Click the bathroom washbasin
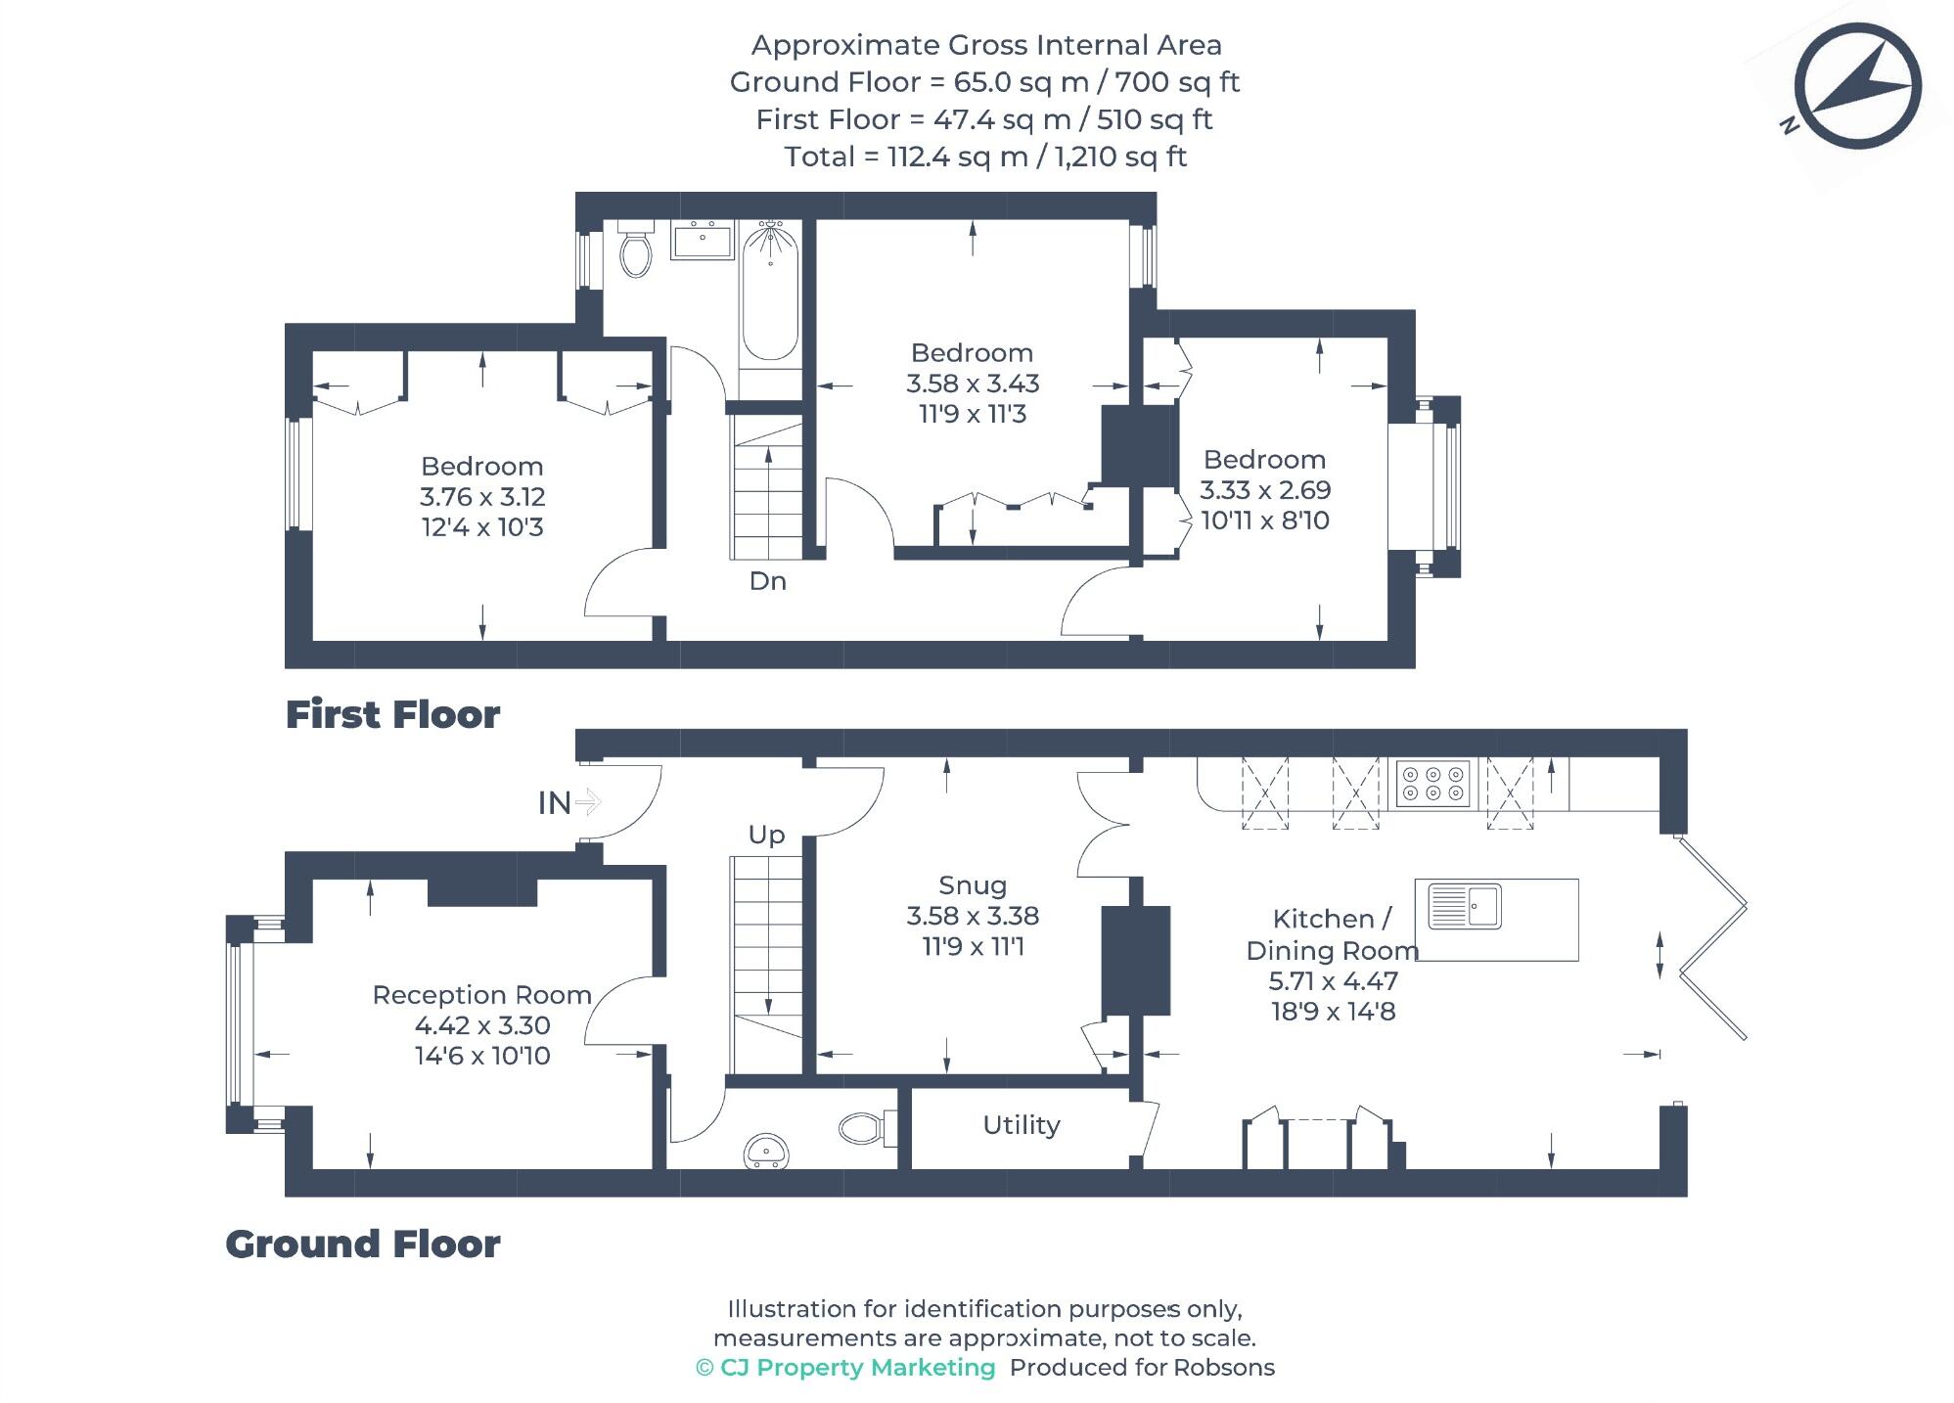click(x=702, y=239)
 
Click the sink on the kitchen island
click(x=1465, y=905)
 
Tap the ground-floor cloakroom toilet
click(x=866, y=1127)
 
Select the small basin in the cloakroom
click(x=766, y=1150)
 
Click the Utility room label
click(x=1021, y=1125)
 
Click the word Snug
click(x=972, y=885)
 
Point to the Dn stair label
click(x=767, y=581)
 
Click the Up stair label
click(x=766, y=835)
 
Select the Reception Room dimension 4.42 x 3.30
click(x=482, y=1025)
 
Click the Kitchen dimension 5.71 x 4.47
click(x=1333, y=980)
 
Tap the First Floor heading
click(x=392, y=715)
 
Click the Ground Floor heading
click(x=363, y=1245)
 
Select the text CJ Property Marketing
click(x=856, y=1368)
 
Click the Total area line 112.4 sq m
click(x=985, y=157)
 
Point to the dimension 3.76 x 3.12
click(x=482, y=497)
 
